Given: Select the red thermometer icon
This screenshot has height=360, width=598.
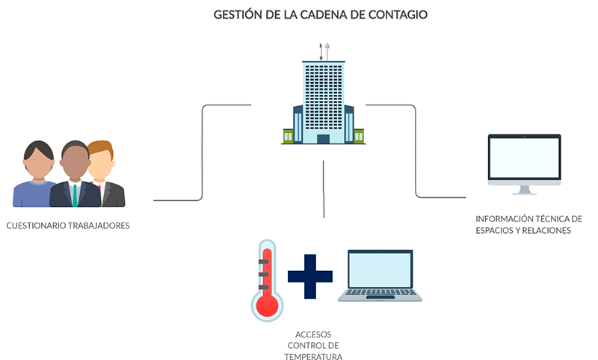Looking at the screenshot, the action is click(267, 280).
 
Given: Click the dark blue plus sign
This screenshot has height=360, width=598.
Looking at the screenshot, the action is click(310, 276).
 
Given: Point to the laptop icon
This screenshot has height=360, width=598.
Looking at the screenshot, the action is click(380, 276).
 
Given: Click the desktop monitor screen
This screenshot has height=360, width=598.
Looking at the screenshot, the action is click(525, 158).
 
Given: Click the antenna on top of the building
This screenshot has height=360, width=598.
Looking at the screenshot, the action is click(324, 52).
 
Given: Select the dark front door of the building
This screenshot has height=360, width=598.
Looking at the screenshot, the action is click(323, 139).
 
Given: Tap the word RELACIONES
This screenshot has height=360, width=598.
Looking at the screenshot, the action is click(546, 231).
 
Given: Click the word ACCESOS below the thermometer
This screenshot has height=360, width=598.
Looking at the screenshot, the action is click(313, 335).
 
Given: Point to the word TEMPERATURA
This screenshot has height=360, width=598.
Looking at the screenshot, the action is click(313, 356).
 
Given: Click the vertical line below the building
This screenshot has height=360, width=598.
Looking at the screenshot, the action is click(324, 189).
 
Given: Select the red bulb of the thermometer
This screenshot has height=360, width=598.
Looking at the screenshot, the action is click(267, 305).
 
